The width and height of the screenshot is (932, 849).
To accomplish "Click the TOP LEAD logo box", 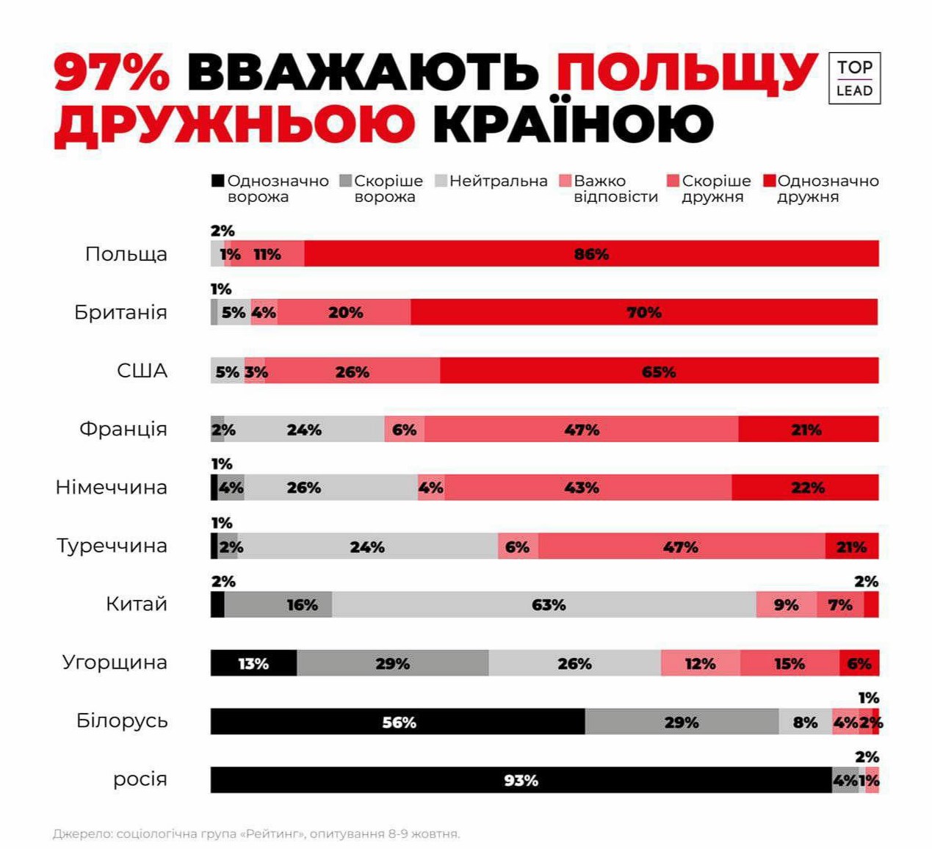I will coord(854,78).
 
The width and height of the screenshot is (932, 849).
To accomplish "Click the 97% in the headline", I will coord(112,73).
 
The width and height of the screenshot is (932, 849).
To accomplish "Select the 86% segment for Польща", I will coord(591,253).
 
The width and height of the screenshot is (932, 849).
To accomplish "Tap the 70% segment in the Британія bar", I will coord(643,312).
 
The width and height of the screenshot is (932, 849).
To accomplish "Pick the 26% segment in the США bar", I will coord(353,371).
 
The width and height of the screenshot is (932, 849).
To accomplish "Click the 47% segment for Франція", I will coord(581,429).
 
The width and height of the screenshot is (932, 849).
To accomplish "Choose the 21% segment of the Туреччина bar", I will coord(851,546).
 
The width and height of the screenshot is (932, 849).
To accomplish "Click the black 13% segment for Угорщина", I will coord(253,663).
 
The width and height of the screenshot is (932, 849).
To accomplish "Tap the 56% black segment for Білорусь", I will coord(398,722).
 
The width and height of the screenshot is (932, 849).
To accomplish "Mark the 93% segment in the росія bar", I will coord(521,780).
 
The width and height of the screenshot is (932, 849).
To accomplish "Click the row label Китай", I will coord(137,604).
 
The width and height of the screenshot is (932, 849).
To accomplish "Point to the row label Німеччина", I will coord(112,488).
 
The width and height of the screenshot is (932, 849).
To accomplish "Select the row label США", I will coord(142,371).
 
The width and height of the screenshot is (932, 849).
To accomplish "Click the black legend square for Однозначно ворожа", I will coord(217,181).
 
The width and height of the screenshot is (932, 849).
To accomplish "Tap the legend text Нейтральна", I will coord(498,181).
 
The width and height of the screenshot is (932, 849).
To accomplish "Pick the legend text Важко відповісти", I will coord(615,189).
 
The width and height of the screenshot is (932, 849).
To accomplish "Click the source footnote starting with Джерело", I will coord(256,834).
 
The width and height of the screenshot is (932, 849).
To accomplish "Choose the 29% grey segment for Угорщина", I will coord(392,663).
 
